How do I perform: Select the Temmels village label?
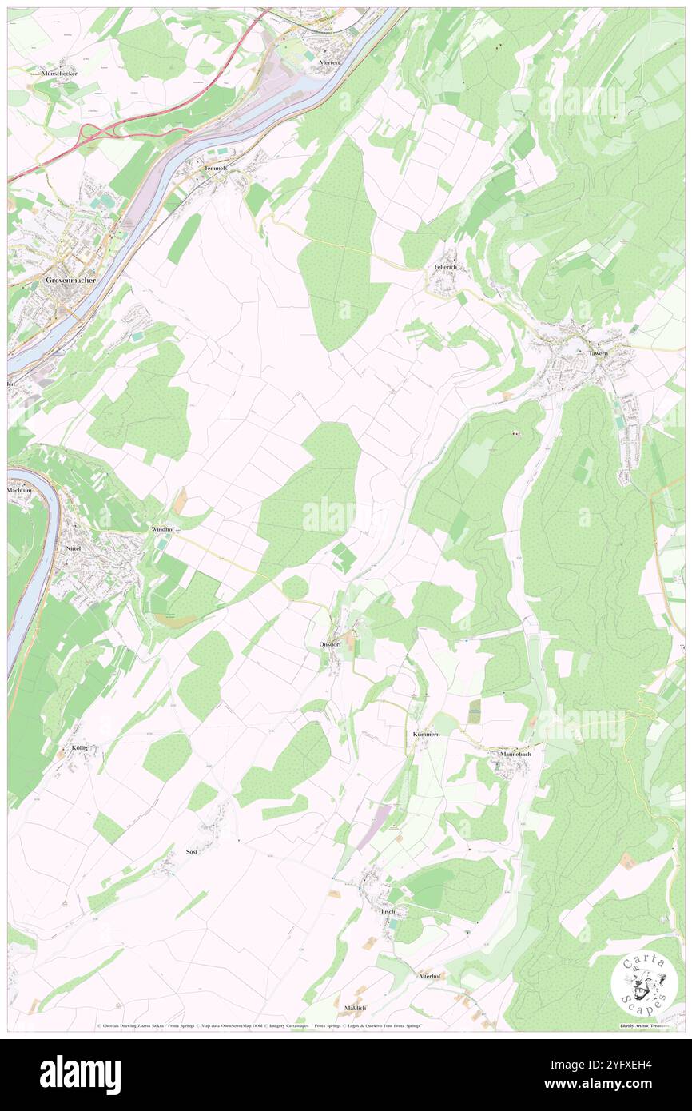pos(216,169)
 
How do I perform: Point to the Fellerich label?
pos(445,266)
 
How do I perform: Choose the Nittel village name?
pos(74,549)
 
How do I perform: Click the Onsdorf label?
pos(331,644)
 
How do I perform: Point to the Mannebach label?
pos(515,754)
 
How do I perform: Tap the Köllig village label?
pos(79,747)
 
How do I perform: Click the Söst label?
pos(191,852)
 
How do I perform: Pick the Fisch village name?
pos(388,911)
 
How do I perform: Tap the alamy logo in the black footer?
pos(80,1075)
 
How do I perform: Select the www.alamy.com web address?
pos(610,1085)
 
